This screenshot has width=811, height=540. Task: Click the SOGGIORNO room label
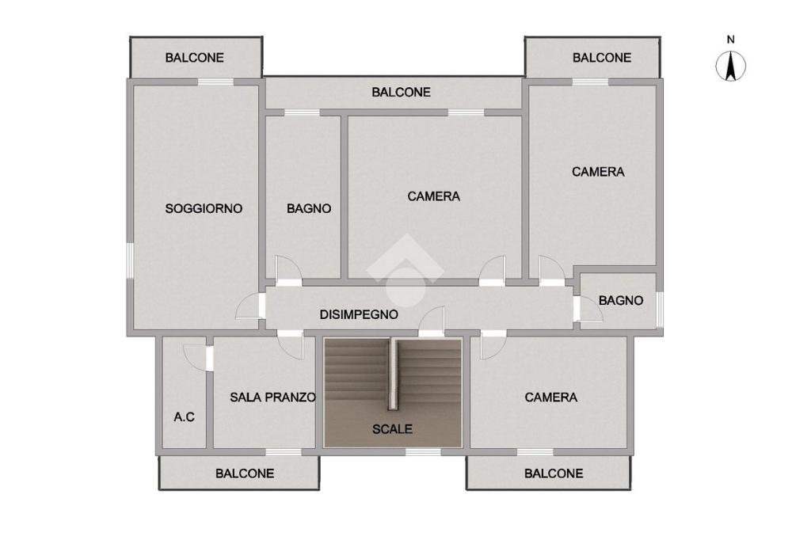(204, 208)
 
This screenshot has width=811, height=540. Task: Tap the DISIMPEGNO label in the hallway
(359, 314)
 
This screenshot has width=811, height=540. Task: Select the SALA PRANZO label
(272, 397)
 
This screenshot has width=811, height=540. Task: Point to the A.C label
(184, 417)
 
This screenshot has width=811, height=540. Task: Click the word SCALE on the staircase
(392, 429)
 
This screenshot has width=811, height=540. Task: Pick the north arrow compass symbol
(730, 67)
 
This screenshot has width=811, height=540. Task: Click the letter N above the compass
(730, 40)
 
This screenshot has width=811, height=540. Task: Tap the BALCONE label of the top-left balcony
(195, 58)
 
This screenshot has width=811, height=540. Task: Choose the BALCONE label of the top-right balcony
(602, 58)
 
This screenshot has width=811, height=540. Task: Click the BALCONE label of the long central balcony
(401, 92)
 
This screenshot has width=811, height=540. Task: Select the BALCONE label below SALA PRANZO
(245, 473)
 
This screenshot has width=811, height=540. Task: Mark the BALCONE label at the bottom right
(554, 473)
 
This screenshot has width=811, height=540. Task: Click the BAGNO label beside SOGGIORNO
(309, 208)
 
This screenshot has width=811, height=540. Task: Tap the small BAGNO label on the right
(621, 301)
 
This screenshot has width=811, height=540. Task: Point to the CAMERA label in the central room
(433, 196)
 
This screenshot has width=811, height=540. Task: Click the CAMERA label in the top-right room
(598, 172)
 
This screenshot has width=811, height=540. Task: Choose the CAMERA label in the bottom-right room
(551, 397)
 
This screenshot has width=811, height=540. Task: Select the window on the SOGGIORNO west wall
(130, 260)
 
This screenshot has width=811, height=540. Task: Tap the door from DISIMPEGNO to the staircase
(432, 321)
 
